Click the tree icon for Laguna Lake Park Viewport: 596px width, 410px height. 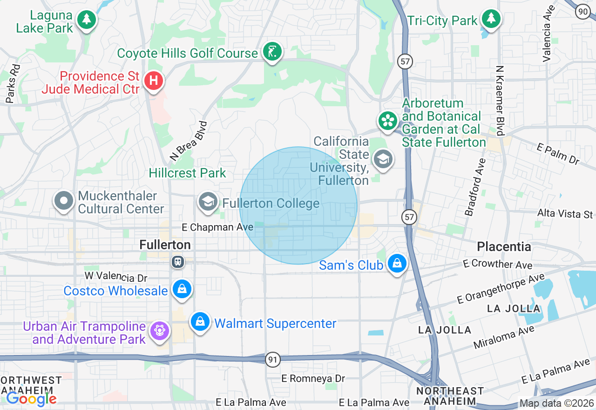[x=86, y=20]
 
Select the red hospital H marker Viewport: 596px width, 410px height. [x=153, y=82]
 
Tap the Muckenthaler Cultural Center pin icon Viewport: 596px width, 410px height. [x=64, y=201]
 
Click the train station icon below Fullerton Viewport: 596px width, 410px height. [x=178, y=262]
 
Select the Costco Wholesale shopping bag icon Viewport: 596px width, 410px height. [x=182, y=289]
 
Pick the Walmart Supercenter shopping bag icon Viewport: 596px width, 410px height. [x=200, y=322]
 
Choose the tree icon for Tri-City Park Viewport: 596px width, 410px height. [x=491, y=19]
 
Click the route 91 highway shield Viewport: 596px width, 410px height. [x=273, y=359]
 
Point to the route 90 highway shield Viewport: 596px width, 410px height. [x=582, y=12]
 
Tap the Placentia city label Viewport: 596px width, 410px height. [x=504, y=246]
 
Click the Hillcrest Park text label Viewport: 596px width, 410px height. [x=187, y=173]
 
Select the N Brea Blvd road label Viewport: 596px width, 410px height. [x=189, y=141]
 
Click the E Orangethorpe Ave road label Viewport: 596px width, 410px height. [x=500, y=289]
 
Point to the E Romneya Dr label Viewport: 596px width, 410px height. [x=313, y=378]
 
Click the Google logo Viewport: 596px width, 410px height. [x=31, y=399]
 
